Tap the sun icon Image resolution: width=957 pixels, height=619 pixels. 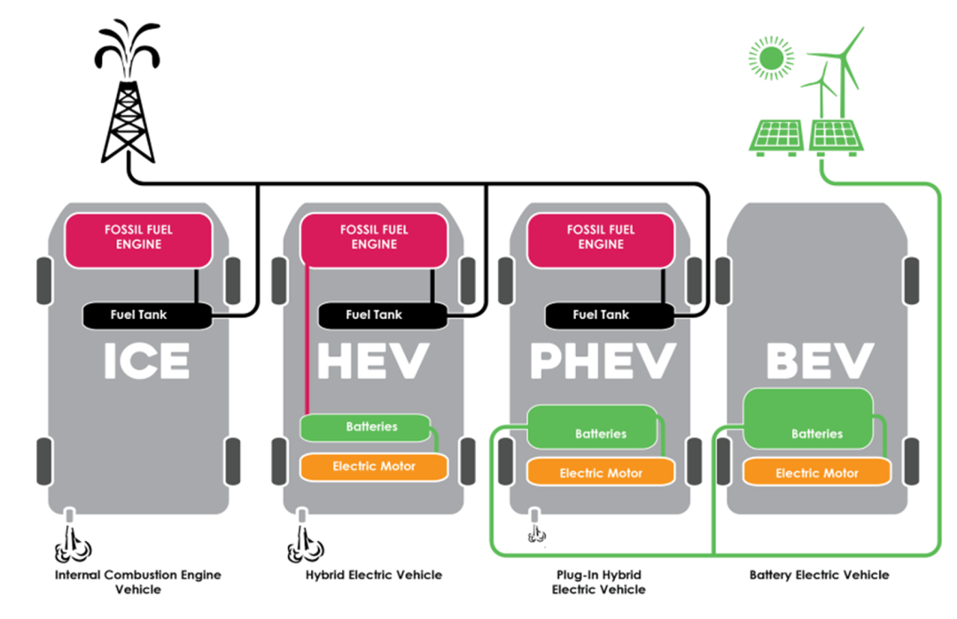[768, 58]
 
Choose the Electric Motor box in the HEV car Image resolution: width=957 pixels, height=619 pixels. [373, 467]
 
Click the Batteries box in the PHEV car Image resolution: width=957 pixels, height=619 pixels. [593, 427]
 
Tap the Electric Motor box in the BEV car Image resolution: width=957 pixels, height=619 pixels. [816, 473]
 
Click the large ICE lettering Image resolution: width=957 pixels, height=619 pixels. [146, 361]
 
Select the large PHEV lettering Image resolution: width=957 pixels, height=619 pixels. [601, 361]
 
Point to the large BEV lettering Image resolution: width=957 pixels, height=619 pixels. [817, 361]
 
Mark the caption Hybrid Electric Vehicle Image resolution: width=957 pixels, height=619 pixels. [373, 576]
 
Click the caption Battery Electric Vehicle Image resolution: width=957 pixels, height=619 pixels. [819, 576]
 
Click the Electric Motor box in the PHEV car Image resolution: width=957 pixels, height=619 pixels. [600, 473]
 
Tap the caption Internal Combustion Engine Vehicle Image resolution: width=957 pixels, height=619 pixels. [138, 582]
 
